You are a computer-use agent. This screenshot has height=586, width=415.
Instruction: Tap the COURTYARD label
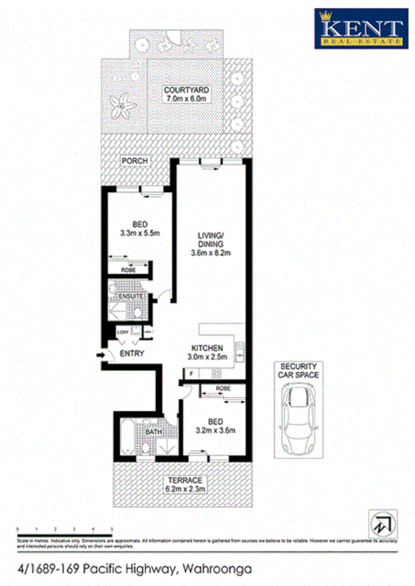[186, 90]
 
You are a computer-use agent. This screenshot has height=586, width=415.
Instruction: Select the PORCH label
[135, 161]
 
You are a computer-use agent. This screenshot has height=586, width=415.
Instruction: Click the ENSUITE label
[131, 296]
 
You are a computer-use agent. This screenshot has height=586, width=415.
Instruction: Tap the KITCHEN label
[206, 348]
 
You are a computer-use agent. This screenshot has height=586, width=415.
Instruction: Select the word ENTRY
[132, 354]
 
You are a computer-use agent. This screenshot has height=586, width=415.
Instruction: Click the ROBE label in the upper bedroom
[128, 269]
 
